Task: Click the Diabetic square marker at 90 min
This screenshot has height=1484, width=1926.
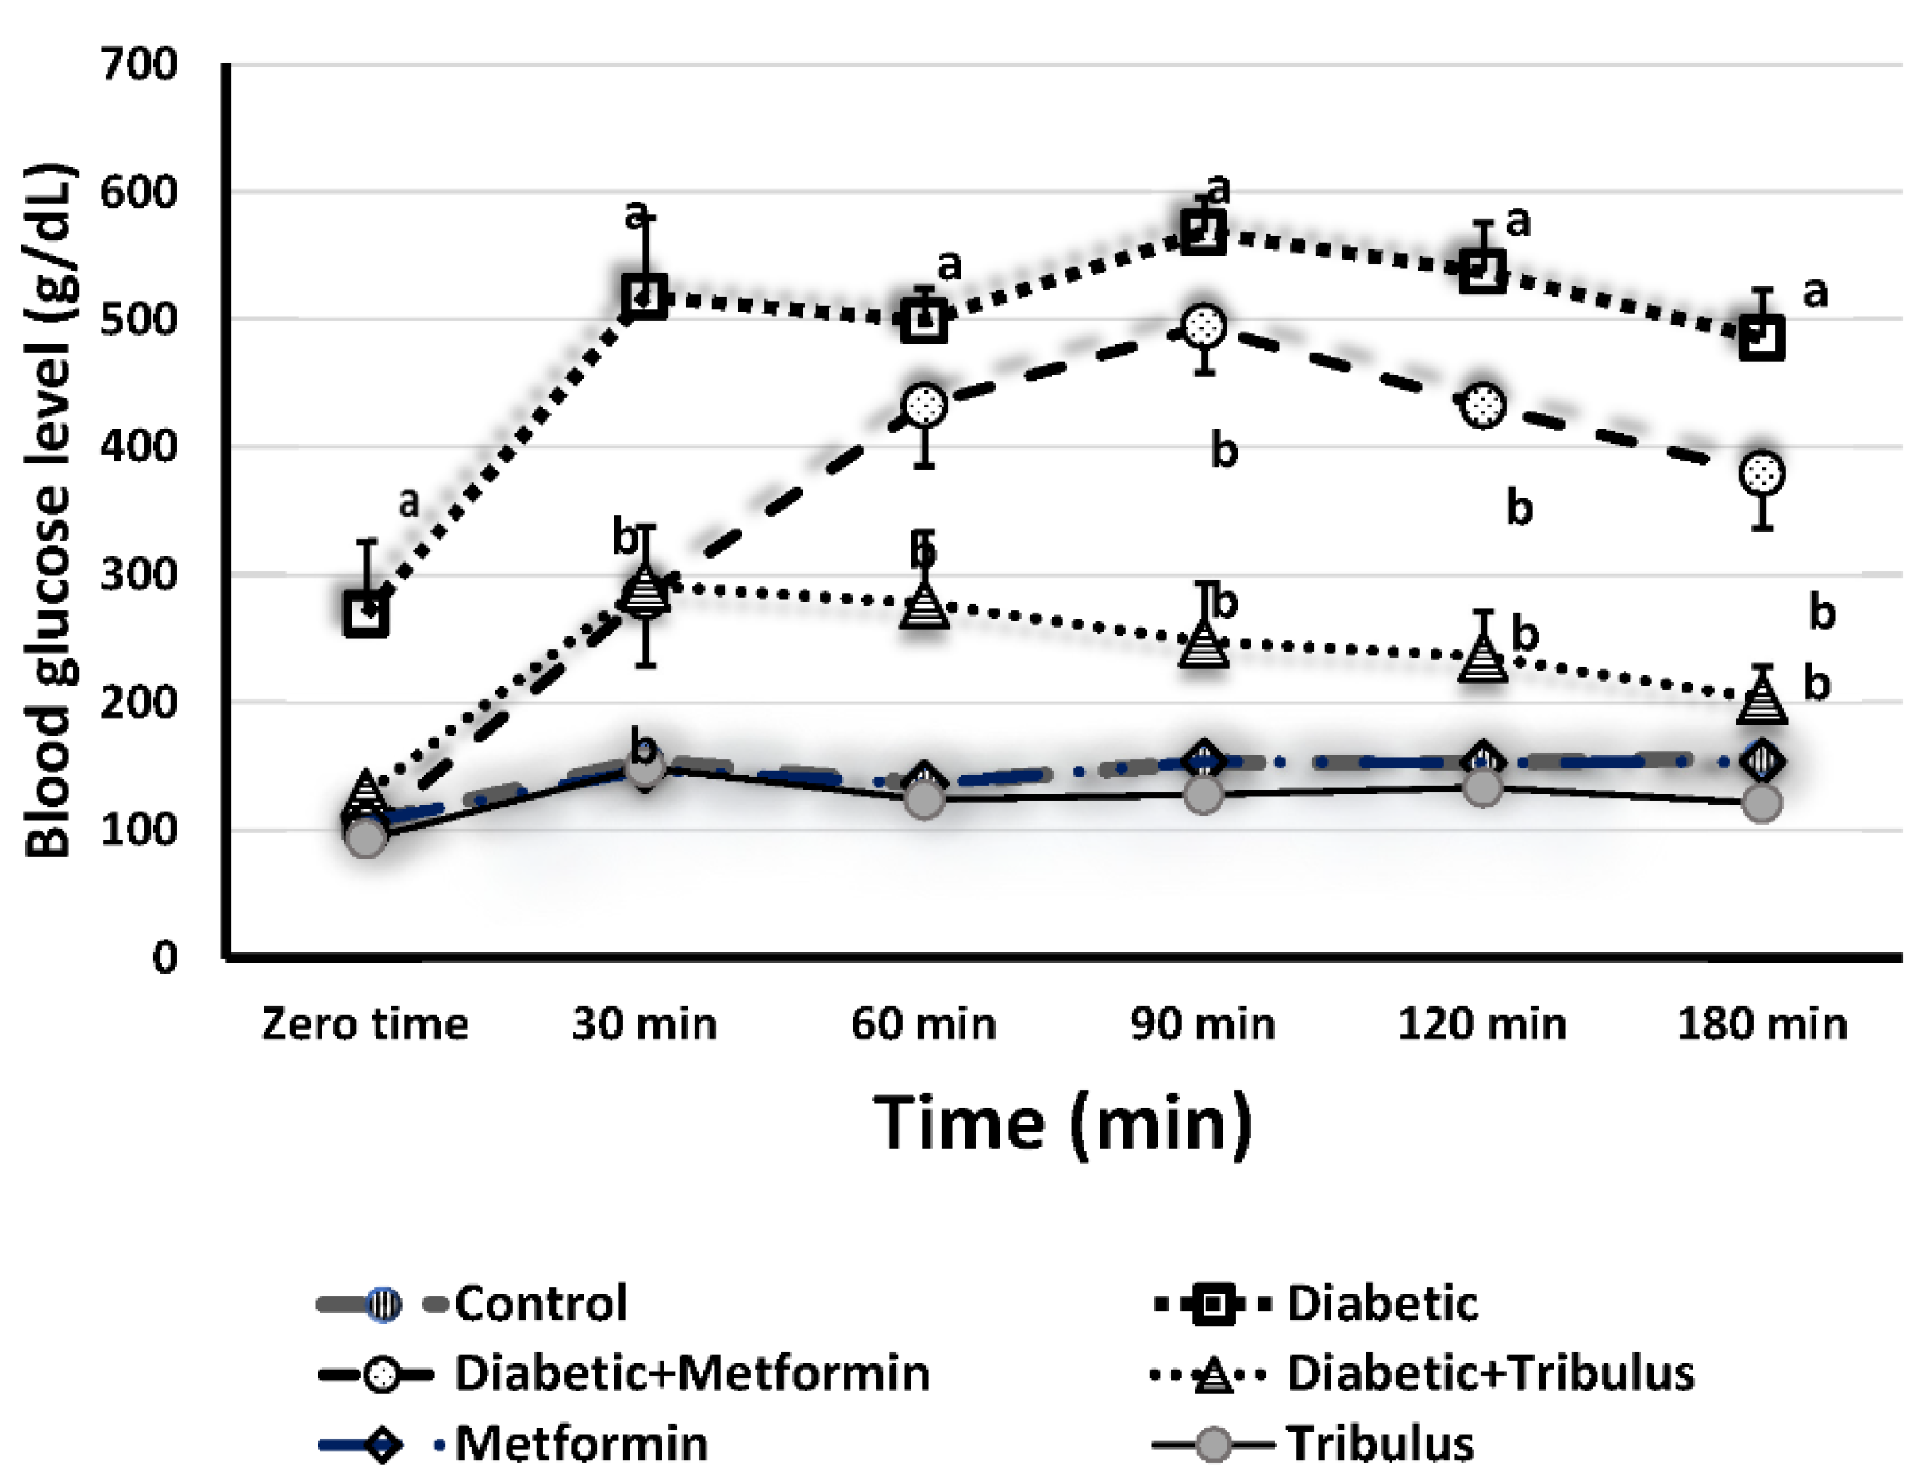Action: click(x=1204, y=232)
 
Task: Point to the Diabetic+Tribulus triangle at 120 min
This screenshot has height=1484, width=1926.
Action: click(x=1483, y=657)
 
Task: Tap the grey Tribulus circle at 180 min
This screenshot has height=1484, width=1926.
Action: click(x=1762, y=803)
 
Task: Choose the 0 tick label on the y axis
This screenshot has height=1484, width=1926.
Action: click(x=165, y=957)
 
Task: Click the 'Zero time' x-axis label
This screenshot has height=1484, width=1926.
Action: click(x=365, y=1025)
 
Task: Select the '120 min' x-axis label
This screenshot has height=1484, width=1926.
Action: click(x=1482, y=1025)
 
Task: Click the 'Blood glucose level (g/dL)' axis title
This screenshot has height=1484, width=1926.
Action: click(x=48, y=509)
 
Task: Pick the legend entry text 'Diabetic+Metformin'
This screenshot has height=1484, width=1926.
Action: click(x=692, y=1373)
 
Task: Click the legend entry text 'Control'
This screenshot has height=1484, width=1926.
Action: click(x=541, y=1303)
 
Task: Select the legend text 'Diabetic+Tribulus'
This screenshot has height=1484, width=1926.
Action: click(x=1490, y=1373)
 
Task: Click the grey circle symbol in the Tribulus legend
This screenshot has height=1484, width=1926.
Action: click(x=1213, y=1444)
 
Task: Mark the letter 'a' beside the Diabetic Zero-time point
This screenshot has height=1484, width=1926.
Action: click(x=408, y=502)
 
